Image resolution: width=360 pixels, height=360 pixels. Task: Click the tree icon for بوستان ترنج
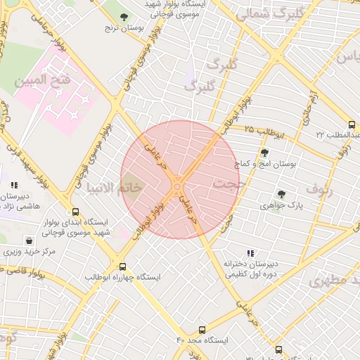click(124, 17)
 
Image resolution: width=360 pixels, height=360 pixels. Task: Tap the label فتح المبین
click(43, 81)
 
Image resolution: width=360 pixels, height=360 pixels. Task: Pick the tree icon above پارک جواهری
click(281, 194)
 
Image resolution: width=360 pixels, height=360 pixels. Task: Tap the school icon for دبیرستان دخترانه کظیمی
click(250, 253)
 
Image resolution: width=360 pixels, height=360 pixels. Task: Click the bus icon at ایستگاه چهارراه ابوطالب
click(123, 267)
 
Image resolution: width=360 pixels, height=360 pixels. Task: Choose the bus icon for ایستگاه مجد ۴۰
click(202, 329)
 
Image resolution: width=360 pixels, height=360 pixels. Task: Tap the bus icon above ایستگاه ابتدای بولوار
click(76, 212)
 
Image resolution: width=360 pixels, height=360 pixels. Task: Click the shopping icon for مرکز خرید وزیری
click(28, 240)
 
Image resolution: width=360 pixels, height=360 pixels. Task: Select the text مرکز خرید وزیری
click(28, 251)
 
